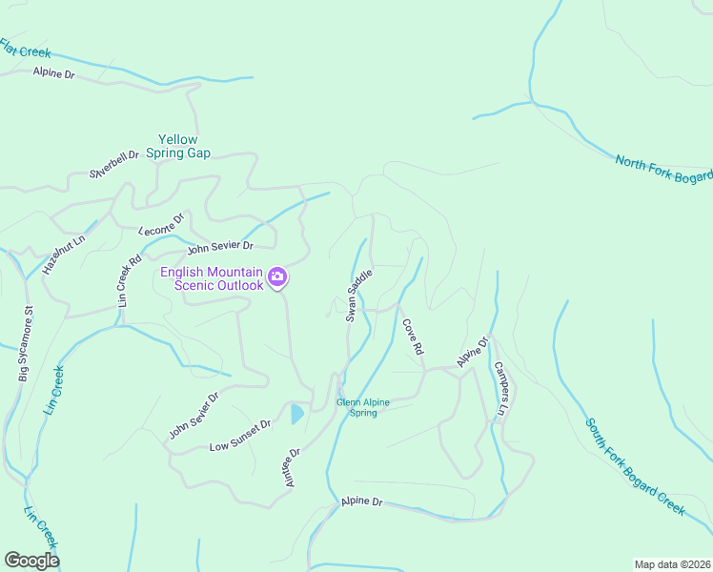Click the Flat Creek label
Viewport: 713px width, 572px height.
click(x=26, y=49)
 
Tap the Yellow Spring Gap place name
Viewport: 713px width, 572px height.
click(x=184, y=146)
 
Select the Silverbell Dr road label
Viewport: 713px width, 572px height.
click(x=114, y=164)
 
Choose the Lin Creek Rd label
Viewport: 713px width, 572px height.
click(x=129, y=279)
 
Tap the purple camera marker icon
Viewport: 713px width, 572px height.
click(x=277, y=277)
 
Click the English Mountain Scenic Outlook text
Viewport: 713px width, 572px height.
click(x=211, y=278)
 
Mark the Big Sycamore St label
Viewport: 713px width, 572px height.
click(x=25, y=343)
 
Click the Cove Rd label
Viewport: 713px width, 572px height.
click(x=412, y=337)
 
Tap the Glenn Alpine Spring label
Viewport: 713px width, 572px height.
click(x=363, y=408)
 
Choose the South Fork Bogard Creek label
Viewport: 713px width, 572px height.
click(x=635, y=467)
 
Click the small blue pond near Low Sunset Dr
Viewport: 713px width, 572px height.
click(x=296, y=414)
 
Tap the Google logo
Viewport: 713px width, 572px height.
click(x=31, y=561)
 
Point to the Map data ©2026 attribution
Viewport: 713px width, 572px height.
click(x=672, y=563)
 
